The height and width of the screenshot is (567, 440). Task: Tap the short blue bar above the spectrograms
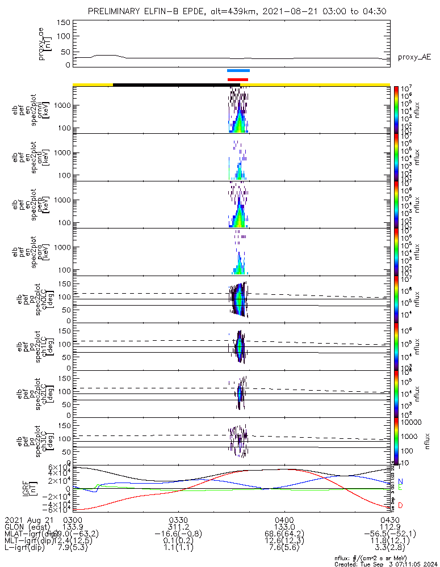[238, 71]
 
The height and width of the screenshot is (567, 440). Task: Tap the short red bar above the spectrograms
[238, 79]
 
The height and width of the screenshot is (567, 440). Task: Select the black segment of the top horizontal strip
[177, 84]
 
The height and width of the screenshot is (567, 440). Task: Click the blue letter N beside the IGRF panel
[400, 481]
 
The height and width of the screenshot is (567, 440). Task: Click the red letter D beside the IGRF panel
[400, 505]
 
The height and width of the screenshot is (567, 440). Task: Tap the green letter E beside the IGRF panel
[400, 488]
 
